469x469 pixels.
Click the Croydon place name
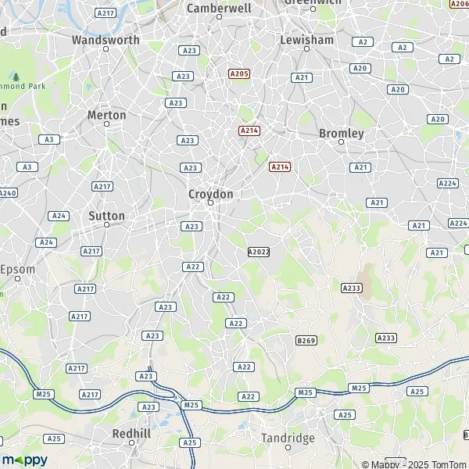(210, 193)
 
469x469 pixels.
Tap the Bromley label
(342, 134)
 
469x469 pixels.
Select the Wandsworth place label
(106, 40)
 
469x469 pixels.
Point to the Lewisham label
(307, 40)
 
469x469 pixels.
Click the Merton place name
(107, 115)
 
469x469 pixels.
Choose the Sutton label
(107, 216)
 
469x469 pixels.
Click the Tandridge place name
(288, 438)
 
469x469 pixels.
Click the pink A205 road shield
(239, 73)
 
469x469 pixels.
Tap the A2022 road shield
(258, 252)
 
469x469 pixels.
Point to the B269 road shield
(306, 341)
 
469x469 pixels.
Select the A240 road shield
(7, 193)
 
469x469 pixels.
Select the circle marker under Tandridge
(288, 448)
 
